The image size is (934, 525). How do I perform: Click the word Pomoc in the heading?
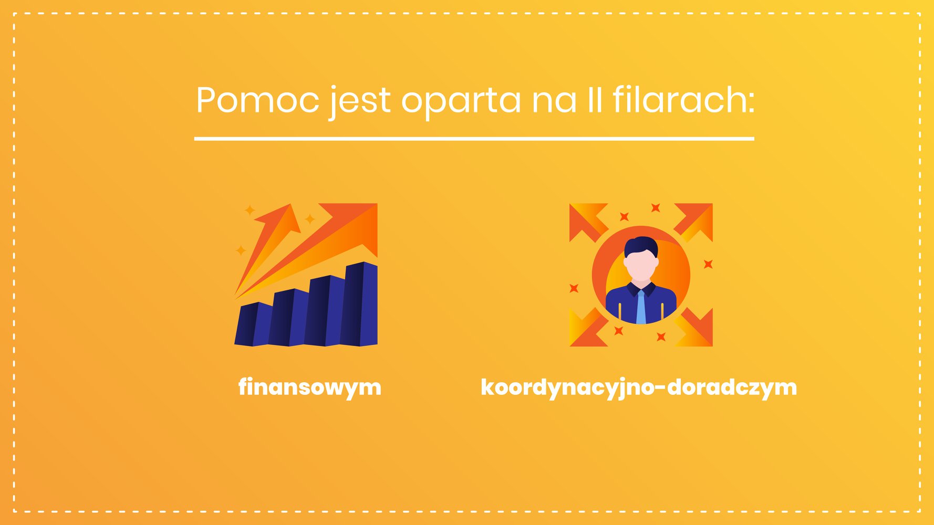coord(257,99)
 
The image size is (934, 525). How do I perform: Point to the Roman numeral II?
coord(594,99)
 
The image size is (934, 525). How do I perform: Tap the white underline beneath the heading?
coord(474,139)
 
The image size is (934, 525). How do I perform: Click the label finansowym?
coord(310,387)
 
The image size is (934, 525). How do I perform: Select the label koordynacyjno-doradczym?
coord(639,387)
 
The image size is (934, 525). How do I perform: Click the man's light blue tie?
coord(641,307)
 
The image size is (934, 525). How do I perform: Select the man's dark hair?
coord(641,246)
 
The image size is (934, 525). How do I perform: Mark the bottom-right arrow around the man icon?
coord(694,328)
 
